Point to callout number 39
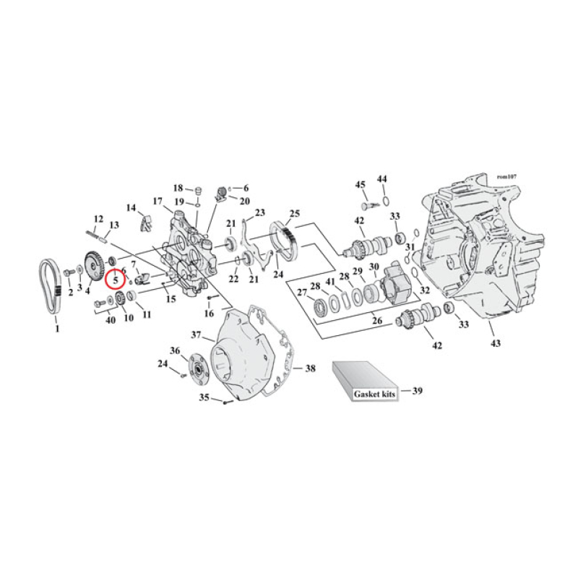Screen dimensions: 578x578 [417, 391]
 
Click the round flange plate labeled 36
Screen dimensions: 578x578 [196, 368]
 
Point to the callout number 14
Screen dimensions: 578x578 [131, 208]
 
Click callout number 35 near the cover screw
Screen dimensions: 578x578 [204, 397]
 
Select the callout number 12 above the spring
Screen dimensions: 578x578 [99, 218]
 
